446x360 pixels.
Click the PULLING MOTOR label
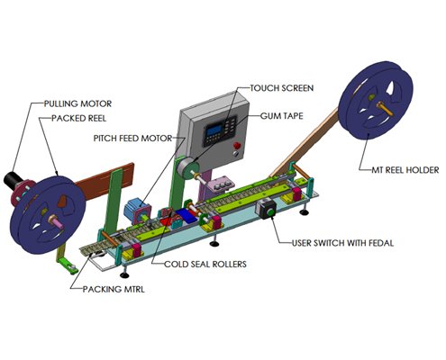[x=77, y=103]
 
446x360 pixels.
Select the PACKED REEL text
[x=79, y=118]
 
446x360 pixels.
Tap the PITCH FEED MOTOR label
[x=132, y=139]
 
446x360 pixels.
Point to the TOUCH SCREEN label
[x=282, y=88]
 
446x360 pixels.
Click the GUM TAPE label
[x=281, y=116]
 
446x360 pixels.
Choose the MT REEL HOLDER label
[x=405, y=170]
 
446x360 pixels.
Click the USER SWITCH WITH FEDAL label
[x=342, y=243]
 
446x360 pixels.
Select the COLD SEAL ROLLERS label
[x=205, y=264]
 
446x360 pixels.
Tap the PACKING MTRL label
[x=114, y=289]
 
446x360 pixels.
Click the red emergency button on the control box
[x=237, y=146]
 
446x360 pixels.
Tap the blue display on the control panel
[x=214, y=130]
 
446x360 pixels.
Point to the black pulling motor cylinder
[x=12, y=179]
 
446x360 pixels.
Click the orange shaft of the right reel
[x=385, y=108]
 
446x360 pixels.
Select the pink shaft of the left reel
[x=56, y=221]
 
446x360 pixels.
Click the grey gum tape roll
[x=187, y=168]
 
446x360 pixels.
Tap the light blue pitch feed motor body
[x=132, y=209]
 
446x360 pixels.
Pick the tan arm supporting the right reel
[x=305, y=143]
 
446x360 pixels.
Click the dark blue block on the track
[x=186, y=216]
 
